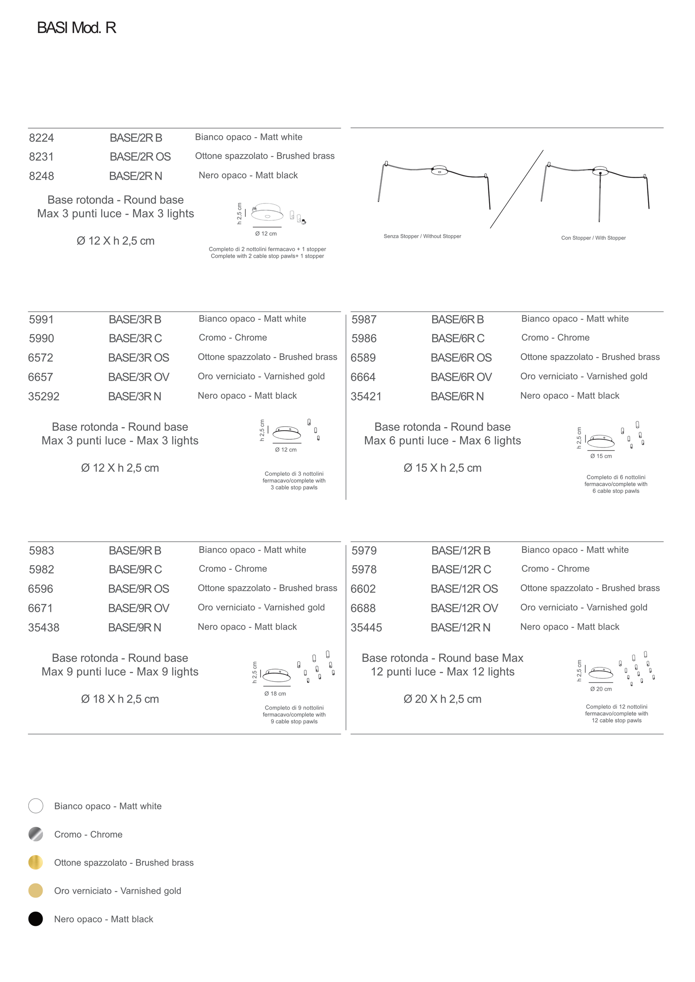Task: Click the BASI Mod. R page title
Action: point(76,28)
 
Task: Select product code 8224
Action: point(41,138)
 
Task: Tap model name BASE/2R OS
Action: point(140,156)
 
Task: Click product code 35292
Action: point(43,396)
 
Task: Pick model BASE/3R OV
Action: point(139,377)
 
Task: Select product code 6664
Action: point(363,377)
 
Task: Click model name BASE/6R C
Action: point(457,338)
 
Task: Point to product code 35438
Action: point(43,627)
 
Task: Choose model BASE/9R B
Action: point(135,551)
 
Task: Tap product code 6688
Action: point(363,608)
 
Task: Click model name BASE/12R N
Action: point(460,627)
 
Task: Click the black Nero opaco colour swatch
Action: point(36,919)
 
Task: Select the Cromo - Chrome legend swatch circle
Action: point(36,834)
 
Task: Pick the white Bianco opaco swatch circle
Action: point(36,806)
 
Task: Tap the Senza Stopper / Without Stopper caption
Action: point(422,236)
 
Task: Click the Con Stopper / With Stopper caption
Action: point(593,238)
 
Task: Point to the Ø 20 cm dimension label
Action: point(601,689)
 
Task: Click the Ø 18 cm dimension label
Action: point(275,694)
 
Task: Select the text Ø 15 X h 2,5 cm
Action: point(442,468)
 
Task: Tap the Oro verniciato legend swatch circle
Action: point(36,891)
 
